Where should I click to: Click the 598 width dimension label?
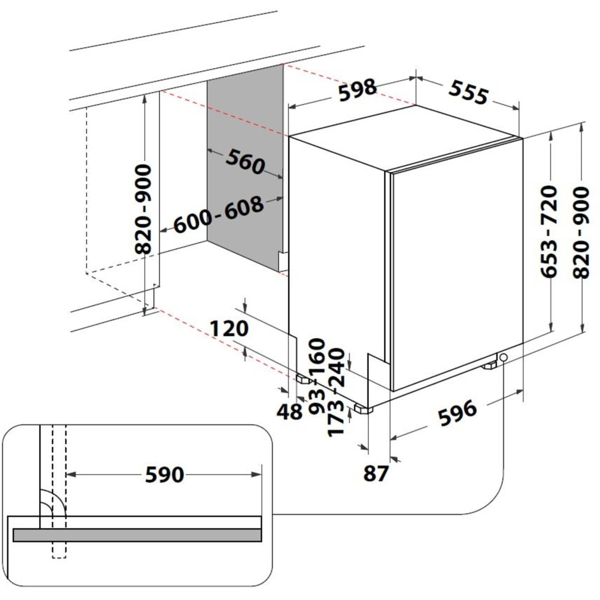pos(358,90)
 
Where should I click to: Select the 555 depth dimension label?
pos(469,92)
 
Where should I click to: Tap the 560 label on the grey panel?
pos(245,161)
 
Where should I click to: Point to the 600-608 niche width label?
pos(219,214)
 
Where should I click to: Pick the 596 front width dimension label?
pos(458,412)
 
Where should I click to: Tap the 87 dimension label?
pos(376,473)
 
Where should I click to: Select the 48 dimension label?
pos(289,412)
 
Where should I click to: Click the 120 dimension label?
pos(229,328)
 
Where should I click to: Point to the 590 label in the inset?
pos(165,475)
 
